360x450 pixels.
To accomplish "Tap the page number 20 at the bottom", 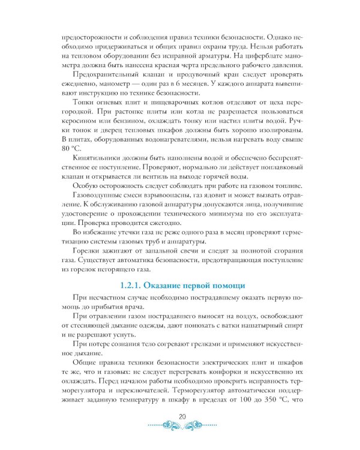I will (x=180, y=418).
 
